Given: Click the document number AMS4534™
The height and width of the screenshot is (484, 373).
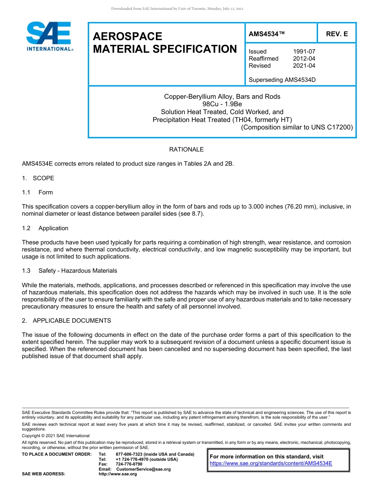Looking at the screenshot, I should point(267,34).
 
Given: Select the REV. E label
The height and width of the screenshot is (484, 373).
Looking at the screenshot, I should point(337,34).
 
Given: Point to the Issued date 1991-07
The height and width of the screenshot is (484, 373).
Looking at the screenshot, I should point(304,52).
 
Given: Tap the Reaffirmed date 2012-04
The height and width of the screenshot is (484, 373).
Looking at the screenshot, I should point(304,59).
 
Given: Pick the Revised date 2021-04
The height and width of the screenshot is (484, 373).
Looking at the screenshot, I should point(304,66).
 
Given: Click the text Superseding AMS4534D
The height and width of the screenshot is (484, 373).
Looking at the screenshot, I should point(282,80).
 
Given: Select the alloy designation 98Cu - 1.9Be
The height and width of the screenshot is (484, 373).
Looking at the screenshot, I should point(222,104).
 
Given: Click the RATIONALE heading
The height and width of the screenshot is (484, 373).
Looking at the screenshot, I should point(186,150).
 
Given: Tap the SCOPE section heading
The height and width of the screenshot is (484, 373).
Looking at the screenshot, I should point(43,178).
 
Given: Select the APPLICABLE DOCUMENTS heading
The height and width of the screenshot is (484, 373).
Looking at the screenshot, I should point(72,321).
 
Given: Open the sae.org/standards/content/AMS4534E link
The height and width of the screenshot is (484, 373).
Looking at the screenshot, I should point(271,463).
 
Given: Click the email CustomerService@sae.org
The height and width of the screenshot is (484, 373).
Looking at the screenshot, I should point(143,469).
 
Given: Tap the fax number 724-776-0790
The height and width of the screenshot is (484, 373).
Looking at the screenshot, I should point(129,464).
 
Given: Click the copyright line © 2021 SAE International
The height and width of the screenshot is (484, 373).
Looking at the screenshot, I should point(56,436).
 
